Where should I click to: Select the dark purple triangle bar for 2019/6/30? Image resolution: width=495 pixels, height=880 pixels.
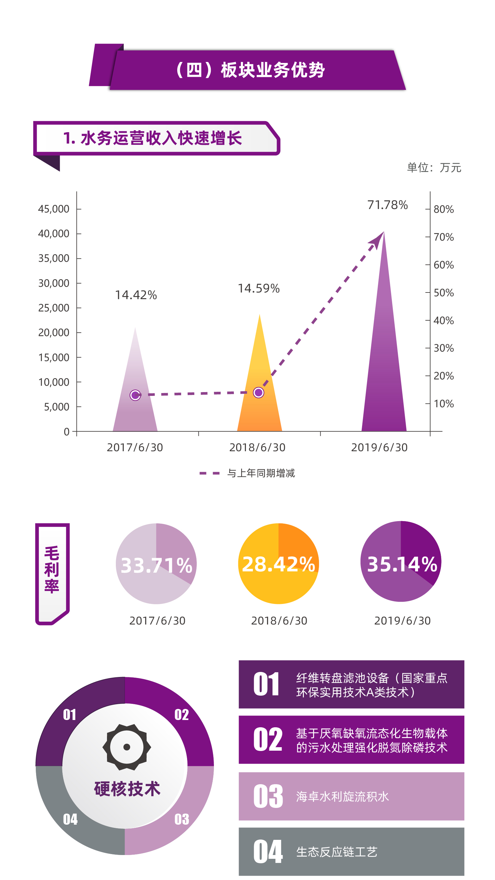(x=384, y=359)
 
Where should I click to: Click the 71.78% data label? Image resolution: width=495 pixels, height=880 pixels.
(x=387, y=205)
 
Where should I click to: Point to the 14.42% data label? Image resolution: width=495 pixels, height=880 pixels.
(x=136, y=295)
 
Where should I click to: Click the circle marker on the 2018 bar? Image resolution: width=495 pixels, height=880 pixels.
(x=259, y=393)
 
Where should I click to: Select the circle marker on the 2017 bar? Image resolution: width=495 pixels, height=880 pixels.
(x=135, y=395)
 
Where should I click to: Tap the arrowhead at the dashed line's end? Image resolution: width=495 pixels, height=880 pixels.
(x=377, y=239)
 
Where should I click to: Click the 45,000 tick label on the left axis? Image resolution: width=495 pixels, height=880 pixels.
(x=54, y=209)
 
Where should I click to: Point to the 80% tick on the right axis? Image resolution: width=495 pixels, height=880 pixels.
(x=443, y=209)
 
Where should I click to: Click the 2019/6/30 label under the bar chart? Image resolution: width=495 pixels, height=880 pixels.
(x=379, y=447)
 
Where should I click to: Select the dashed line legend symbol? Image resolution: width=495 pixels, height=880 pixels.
(x=209, y=473)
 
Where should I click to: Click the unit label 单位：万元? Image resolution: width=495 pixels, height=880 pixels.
(x=434, y=168)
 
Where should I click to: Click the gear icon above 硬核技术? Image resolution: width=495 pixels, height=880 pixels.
(x=127, y=747)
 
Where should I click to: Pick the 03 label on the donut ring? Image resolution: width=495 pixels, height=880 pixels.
(x=182, y=819)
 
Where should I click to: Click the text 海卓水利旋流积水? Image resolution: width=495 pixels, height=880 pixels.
(x=342, y=796)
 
